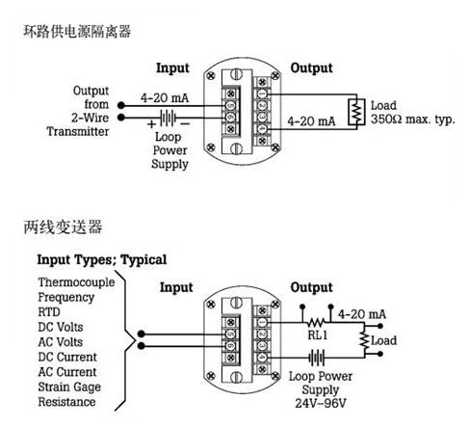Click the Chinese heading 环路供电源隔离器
tap(77, 32)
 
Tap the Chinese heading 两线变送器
tap(63, 227)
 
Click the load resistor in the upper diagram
tap(356, 112)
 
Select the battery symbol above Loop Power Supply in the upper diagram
tap(168, 118)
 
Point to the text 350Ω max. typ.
tap(413, 120)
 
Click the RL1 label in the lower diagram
tap(317, 335)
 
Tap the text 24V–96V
tap(321, 403)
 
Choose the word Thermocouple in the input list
tap(76, 282)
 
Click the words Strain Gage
tap(69, 387)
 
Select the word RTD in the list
tap(49, 312)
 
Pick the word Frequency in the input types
tap(66, 298)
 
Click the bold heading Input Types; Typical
tap(102, 259)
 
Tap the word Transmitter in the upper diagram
tap(78, 131)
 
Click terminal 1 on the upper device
tap(262, 93)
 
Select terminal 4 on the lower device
tap(262, 358)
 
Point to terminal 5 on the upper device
tap(230, 105)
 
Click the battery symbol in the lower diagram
tap(317, 358)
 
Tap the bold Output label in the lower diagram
tap(311, 288)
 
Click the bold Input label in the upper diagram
tap(172, 68)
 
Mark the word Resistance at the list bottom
tap(66, 402)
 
